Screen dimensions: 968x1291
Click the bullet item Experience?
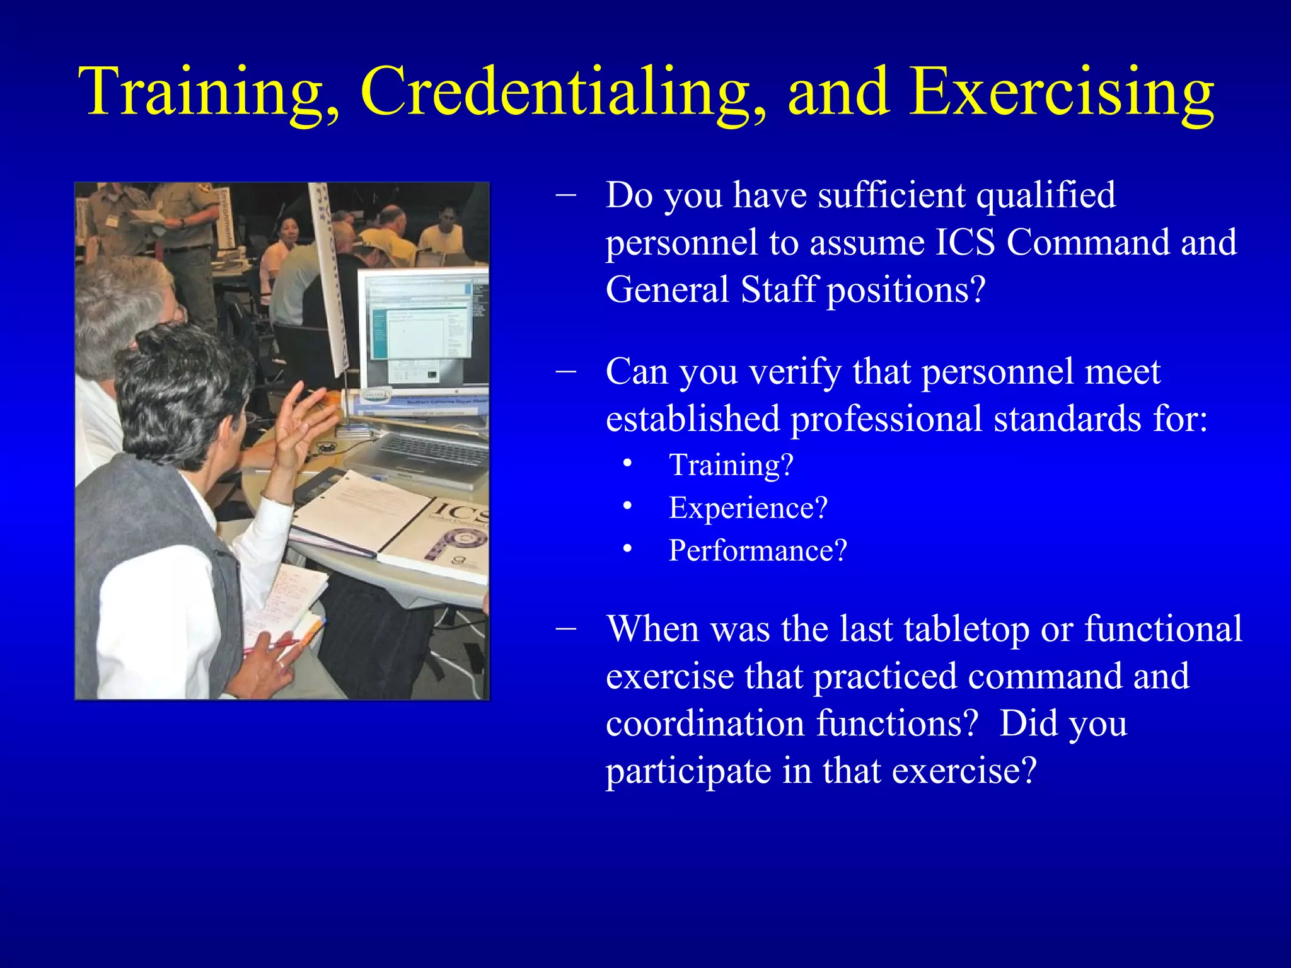point(748,508)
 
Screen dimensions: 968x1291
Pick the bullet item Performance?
point(758,551)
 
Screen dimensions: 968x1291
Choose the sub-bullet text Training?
point(731,465)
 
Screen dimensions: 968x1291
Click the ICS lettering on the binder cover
point(463,512)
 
